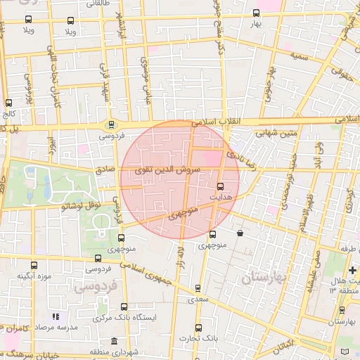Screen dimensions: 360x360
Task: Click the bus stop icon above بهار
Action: [256, 13]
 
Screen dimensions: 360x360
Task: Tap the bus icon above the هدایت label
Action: [221, 186]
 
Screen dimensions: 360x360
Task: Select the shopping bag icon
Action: [240, 233]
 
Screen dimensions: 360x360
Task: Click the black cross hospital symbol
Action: [353, 270]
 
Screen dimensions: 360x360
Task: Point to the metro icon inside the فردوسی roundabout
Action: [111, 125]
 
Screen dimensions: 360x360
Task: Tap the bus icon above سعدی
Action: [198, 288]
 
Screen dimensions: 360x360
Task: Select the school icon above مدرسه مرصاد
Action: [56, 317]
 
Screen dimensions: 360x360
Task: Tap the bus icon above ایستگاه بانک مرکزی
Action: [124, 307]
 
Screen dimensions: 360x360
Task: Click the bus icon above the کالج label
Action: [8, 103]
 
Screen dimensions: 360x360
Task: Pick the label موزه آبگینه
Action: [35, 276]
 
